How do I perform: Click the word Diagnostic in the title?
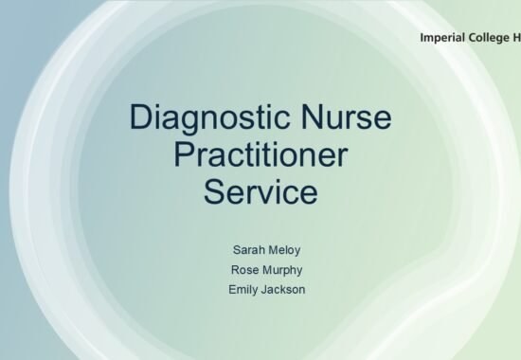click(209, 119)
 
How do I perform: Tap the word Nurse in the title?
click(346, 117)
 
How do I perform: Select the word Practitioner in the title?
click(260, 154)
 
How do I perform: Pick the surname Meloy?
click(284, 250)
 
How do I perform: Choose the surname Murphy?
click(282, 270)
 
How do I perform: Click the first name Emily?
click(243, 290)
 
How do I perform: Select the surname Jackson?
click(283, 290)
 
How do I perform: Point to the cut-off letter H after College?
click(516, 38)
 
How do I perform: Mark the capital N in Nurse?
click(312, 117)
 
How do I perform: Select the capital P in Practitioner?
click(184, 154)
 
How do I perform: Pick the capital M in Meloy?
click(273, 250)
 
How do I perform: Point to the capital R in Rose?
click(236, 270)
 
